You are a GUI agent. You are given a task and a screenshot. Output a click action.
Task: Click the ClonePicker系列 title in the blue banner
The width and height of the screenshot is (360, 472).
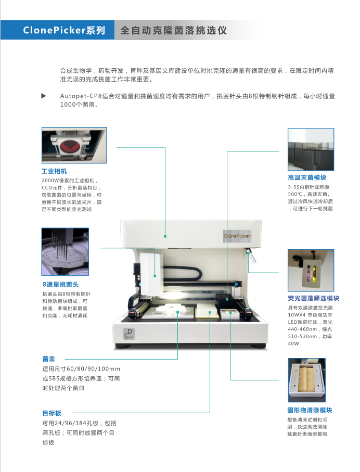point(64,30)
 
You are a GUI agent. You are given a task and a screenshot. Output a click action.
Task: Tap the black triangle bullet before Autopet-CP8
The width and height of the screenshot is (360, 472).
point(44,96)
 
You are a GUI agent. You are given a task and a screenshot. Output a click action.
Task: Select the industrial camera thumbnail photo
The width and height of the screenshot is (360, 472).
point(74,145)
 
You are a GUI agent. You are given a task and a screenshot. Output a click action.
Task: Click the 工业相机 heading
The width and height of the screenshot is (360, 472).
point(54,171)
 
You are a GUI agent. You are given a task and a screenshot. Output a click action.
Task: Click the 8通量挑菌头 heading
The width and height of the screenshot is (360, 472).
point(60,285)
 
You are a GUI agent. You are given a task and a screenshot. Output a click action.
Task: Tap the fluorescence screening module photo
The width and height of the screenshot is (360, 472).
point(311,270)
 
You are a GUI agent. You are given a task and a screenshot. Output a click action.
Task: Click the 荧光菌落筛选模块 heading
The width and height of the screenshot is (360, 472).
point(313,299)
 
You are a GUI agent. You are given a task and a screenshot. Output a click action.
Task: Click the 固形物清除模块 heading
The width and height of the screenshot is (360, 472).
point(310,410)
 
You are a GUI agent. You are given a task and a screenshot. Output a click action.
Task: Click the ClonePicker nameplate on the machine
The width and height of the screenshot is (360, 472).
point(237,236)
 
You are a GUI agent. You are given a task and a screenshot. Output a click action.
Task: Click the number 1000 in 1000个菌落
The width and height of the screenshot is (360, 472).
point(68,105)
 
